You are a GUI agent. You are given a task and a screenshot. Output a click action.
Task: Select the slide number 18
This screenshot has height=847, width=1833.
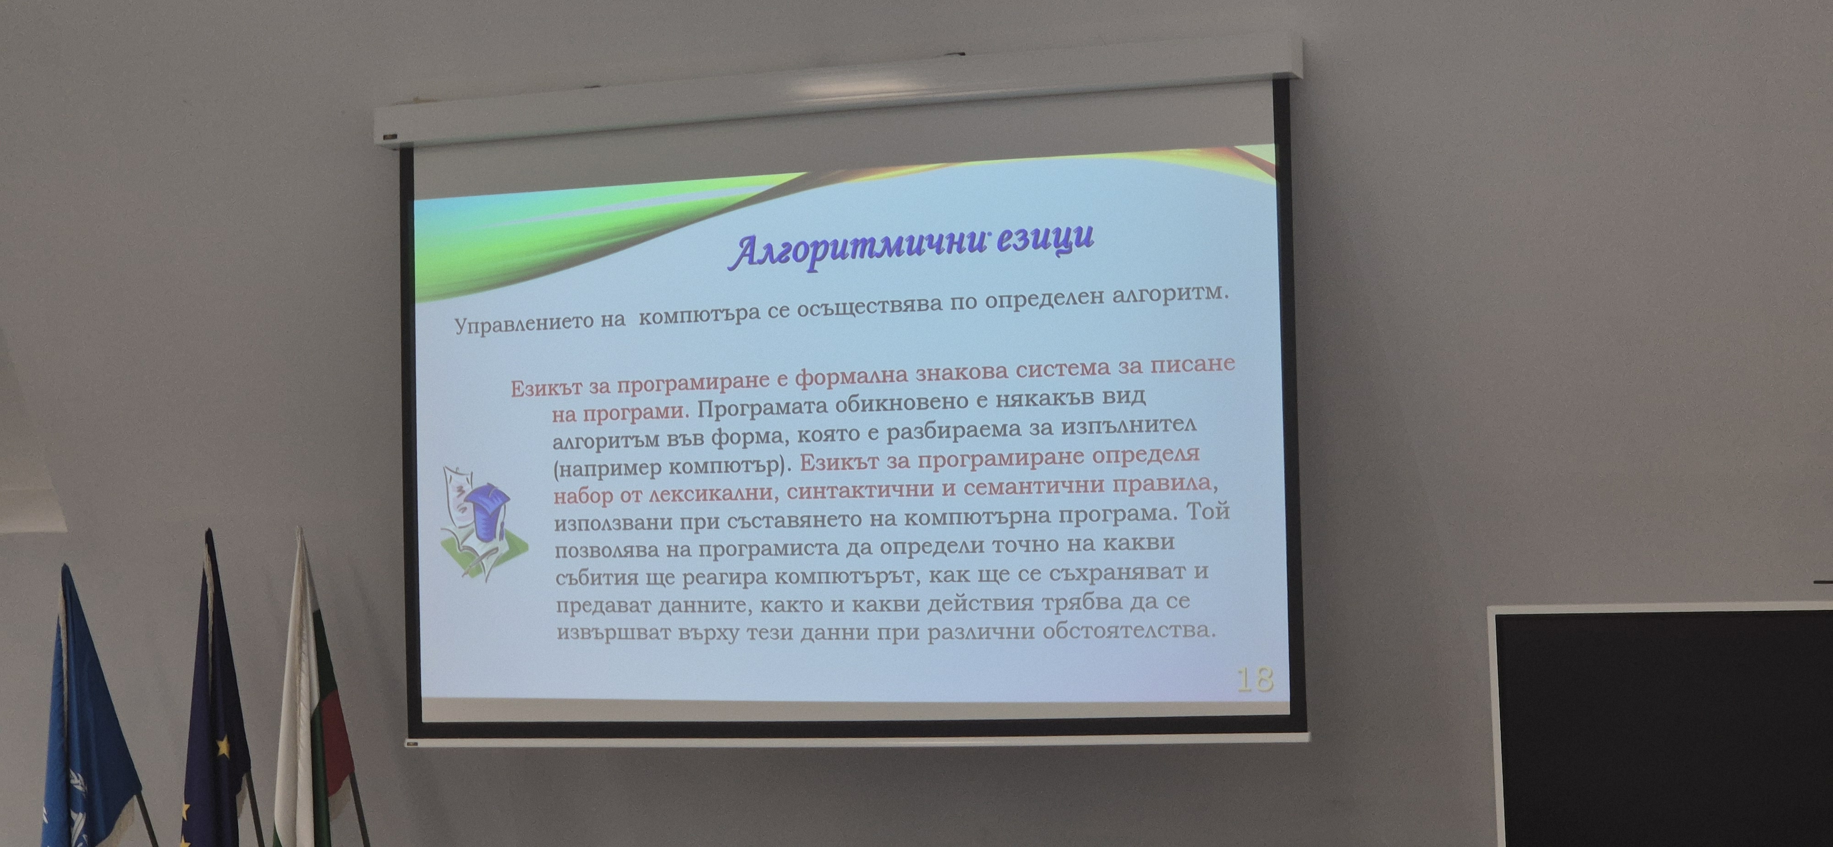click(x=1255, y=679)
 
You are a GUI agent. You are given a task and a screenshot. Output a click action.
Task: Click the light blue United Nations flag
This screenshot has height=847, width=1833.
click(x=89, y=719)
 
